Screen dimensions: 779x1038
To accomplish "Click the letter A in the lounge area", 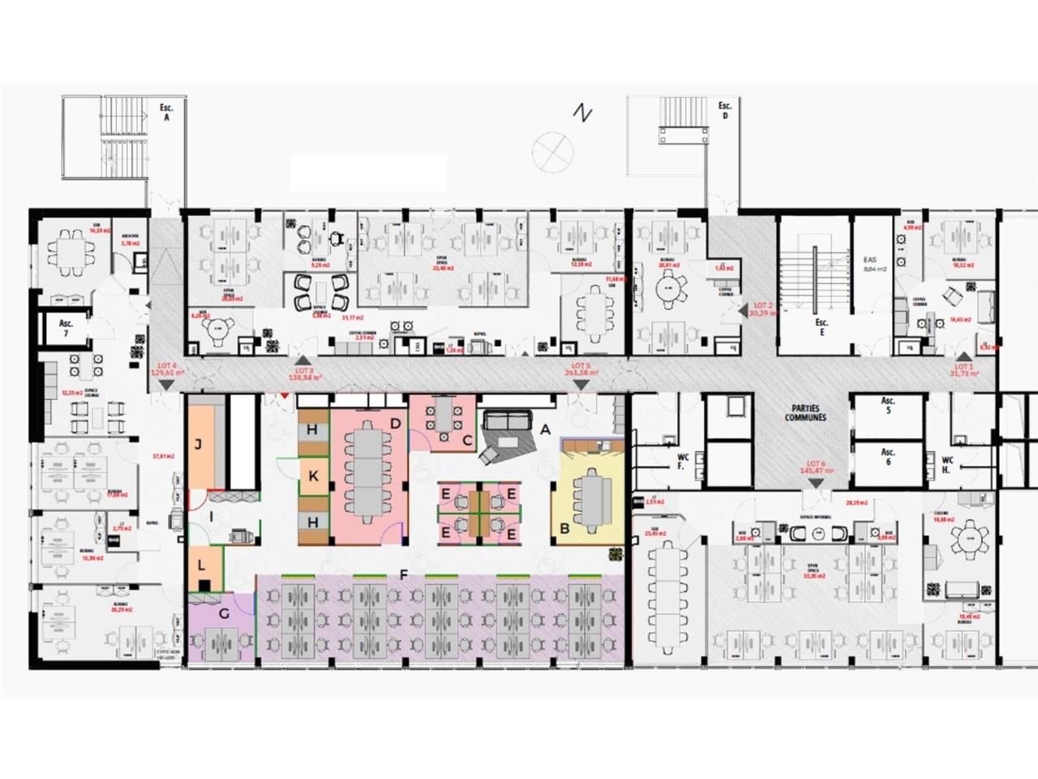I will coord(546,428).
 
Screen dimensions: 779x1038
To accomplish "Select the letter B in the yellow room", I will coord(564,529).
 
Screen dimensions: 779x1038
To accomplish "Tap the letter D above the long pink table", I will coord(396,423).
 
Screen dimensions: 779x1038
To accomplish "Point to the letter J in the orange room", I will coord(198,444).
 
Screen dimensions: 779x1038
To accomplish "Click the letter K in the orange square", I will coord(313,477).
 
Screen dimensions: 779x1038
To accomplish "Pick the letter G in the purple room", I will coord(224,613).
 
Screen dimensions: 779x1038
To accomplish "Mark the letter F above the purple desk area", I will coord(403,575).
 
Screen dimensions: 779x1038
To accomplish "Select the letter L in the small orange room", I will coord(201,564).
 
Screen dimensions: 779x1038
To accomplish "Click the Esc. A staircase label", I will coord(167,111).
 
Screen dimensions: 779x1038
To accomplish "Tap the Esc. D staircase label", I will coord(724,110).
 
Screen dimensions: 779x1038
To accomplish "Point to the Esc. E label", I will coord(821,327).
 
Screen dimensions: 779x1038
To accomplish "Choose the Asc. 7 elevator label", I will coord(66,328).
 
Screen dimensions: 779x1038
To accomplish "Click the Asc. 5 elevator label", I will coord(888,406).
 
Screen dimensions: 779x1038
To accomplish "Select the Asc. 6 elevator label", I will coord(888,457).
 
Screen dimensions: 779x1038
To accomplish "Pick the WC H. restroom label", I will coord(947,465).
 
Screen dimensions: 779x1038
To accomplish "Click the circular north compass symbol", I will coord(553,150).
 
